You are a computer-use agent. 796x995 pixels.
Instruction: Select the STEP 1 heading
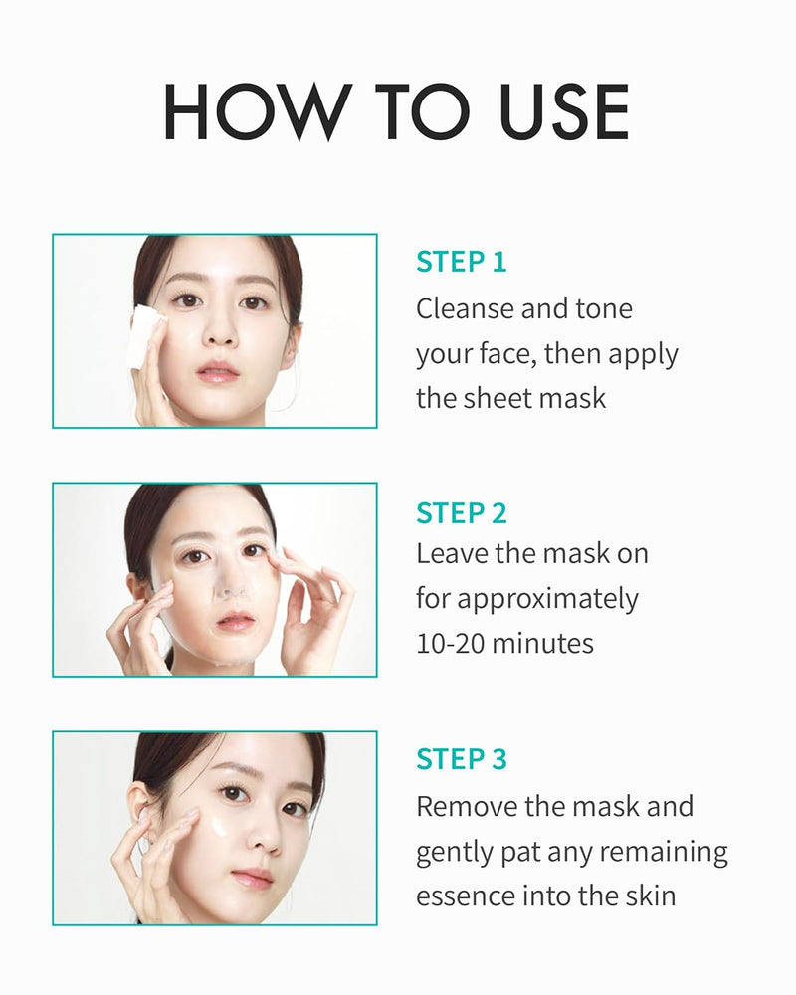click(x=461, y=262)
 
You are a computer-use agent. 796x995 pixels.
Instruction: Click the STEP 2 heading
click(x=461, y=513)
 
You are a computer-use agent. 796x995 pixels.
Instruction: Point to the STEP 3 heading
click(x=461, y=759)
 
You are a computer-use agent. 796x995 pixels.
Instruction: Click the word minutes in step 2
click(x=543, y=643)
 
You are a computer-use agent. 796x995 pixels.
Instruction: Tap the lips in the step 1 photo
click(x=218, y=373)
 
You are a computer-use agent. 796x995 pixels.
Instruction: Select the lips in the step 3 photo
click(x=252, y=878)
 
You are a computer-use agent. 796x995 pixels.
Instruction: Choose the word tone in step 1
click(x=603, y=308)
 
